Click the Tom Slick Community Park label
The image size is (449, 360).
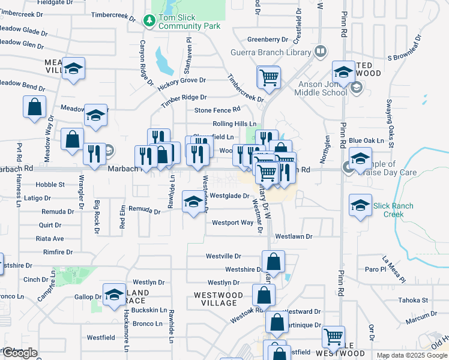point(189,22)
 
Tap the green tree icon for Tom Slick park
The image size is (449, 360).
point(149,22)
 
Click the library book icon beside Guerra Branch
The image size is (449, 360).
point(319,52)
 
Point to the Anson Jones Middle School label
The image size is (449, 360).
point(322,88)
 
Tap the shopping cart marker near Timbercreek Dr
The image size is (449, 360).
point(268,77)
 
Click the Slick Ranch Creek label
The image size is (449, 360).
point(393,210)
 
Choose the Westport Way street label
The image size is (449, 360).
point(232,223)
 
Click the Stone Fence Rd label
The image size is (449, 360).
point(217,110)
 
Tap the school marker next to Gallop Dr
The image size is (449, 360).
point(114,295)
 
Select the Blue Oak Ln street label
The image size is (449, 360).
point(366,140)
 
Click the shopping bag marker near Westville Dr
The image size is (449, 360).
point(273,262)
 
